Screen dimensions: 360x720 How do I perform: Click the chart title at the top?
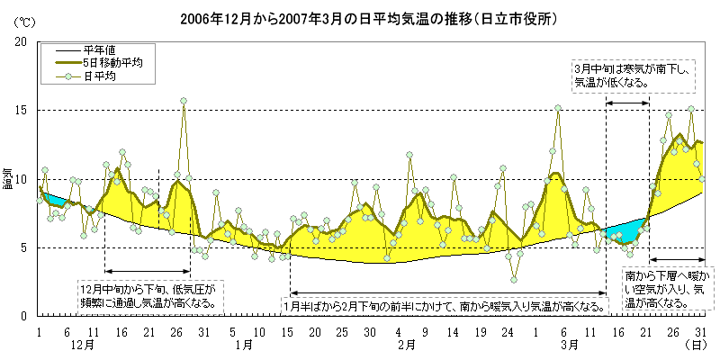click(360, 17)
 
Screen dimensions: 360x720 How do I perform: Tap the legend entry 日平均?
click(100, 77)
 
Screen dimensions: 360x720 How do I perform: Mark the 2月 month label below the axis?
click(405, 344)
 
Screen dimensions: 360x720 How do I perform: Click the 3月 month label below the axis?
click(569, 344)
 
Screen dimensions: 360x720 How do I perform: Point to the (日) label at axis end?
click(697, 344)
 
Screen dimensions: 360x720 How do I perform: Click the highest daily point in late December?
click(184, 101)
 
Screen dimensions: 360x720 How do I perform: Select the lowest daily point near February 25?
click(514, 279)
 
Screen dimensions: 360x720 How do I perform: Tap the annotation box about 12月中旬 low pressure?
click(149, 296)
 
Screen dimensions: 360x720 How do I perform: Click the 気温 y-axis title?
click(8, 177)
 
